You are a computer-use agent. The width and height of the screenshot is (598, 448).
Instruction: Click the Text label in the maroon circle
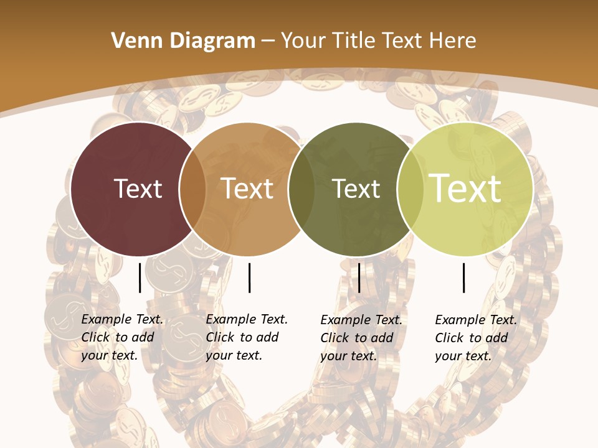[x=138, y=189]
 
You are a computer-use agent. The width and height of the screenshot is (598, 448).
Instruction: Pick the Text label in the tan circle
[x=247, y=189]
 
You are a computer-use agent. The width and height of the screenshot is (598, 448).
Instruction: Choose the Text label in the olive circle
[x=356, y=189]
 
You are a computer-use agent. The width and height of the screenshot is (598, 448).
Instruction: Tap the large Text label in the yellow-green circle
[x=465, y=188]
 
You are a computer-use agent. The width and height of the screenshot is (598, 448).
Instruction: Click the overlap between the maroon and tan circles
[x=192, y=189]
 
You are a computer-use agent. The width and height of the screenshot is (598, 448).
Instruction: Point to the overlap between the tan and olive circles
[x=301, y=189]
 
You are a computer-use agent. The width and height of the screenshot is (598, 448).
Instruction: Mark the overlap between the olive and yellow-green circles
[x=410, y=189]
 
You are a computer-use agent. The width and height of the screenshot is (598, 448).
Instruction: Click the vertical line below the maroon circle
[x=140, y=278]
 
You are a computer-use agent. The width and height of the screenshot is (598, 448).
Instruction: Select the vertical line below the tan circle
[x=249, y=278]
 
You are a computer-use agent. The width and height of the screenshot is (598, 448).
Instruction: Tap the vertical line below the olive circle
[x=359, y=278]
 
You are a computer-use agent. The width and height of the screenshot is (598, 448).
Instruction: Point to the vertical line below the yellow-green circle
[x=464, y=278]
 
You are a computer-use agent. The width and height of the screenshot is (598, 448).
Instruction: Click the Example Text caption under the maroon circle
[x=122, y=337]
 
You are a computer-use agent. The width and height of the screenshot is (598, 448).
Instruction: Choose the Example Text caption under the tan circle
[x=247, y=337]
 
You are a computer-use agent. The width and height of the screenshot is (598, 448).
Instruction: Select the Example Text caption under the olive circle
[x=361, y=338]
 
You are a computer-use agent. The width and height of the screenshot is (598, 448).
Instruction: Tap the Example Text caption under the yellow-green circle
[x=476, y=338]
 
